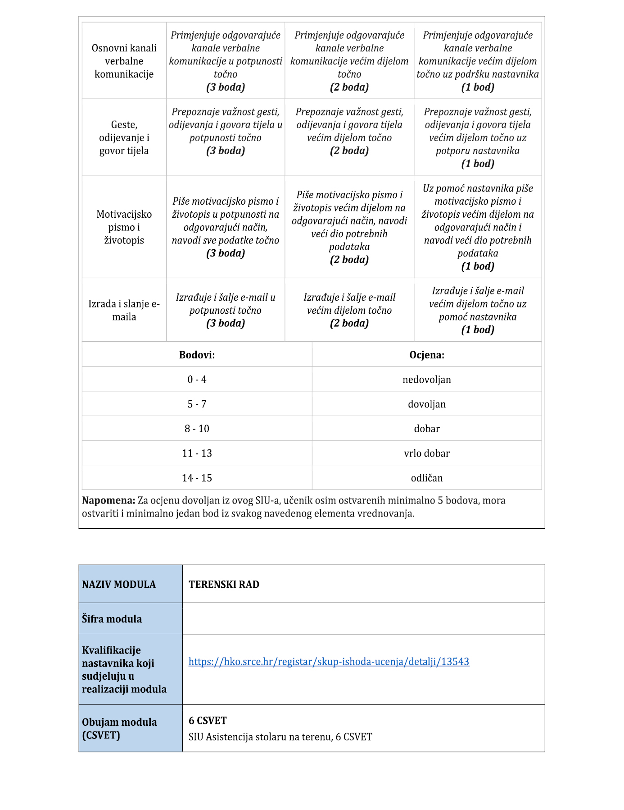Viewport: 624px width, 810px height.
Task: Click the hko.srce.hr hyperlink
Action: pos(329,661)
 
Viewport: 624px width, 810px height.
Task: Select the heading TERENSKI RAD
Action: pos(224,584)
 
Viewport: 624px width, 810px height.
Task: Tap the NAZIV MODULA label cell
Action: pos(119,584)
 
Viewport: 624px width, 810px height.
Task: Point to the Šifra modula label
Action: pos(112,619)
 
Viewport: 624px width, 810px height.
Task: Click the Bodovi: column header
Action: pos(197,355)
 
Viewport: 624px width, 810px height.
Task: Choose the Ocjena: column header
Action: pos(426,355)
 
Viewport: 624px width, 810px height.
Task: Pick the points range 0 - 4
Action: pos(197,380)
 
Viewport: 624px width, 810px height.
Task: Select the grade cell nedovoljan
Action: pos(426,380)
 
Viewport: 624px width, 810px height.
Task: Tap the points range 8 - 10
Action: pos(197,429)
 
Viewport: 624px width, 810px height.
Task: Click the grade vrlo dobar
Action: pos(426,453)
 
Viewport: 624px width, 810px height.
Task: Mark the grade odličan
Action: pos(426,478)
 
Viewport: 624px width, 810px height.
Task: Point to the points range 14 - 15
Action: pos(197,478)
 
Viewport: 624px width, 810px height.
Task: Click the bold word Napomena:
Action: pos(109,500)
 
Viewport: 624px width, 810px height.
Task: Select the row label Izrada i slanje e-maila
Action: pos(124,310)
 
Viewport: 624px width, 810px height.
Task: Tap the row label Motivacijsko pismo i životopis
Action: pos(124,227)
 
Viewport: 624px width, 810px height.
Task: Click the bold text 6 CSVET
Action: pos(208,720)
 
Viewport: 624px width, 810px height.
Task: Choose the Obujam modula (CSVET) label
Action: pos(119,728)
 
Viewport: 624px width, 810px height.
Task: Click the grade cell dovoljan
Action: pos(426,404)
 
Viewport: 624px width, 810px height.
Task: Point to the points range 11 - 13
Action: pos(197,453)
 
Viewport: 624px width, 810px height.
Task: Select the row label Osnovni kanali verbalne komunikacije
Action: pos(124,61)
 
